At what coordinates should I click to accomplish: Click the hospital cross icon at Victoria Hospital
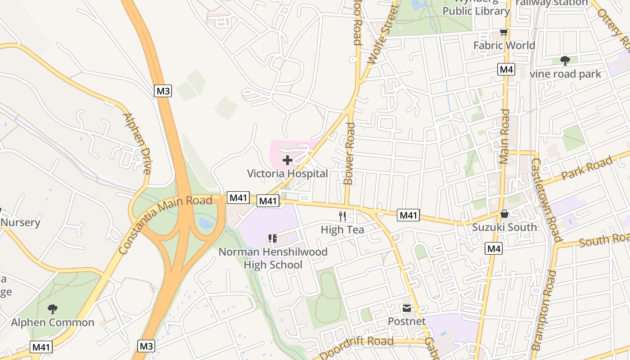(287, 160)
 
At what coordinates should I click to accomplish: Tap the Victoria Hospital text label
(287, 173)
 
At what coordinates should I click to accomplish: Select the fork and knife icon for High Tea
(342, 216)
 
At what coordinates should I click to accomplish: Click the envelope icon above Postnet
(407, 308)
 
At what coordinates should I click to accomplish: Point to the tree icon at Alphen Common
(53, 309)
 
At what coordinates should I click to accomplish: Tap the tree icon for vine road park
(565, 61)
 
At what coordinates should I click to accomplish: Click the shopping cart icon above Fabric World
(504, 32)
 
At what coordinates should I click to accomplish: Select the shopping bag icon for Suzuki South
(504, 214)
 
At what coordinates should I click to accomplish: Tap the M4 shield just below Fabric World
(506, 69)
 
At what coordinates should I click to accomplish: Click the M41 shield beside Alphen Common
(41, 347)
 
